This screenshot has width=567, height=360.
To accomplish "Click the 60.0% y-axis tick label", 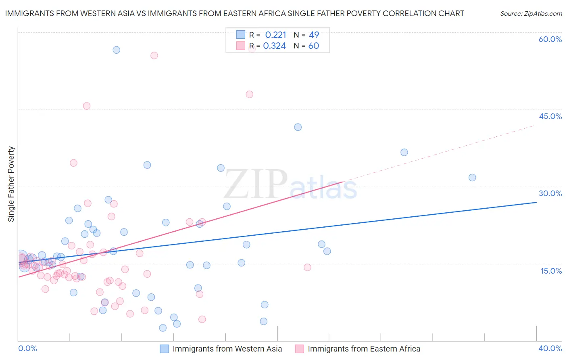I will [550, 39].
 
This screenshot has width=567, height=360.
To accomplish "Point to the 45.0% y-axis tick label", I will [550, 116].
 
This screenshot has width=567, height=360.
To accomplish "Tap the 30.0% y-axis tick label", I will [550, 193].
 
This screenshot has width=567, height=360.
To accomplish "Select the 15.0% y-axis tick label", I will [551, 271].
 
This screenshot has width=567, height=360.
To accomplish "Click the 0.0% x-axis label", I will [27, 348].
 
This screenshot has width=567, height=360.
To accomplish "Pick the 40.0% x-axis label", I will [550, 348].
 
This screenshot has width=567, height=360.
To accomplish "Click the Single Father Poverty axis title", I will [11, 184].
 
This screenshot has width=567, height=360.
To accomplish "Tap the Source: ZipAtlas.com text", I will [531, 14].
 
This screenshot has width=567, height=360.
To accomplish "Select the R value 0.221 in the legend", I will [275, 35].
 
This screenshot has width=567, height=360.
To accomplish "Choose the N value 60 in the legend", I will [314, 46].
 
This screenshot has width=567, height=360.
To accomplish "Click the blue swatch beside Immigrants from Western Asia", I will [165, 349].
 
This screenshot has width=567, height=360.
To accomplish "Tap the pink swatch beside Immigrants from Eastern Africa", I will [299, 349].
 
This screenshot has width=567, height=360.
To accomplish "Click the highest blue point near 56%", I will [116, 50].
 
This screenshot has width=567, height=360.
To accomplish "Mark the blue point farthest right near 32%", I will [472, 178].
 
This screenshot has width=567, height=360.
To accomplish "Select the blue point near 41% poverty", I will [298, 127].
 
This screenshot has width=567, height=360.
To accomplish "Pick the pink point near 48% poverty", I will [249, 94].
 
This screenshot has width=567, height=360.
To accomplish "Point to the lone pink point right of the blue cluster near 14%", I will [307, 267].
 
